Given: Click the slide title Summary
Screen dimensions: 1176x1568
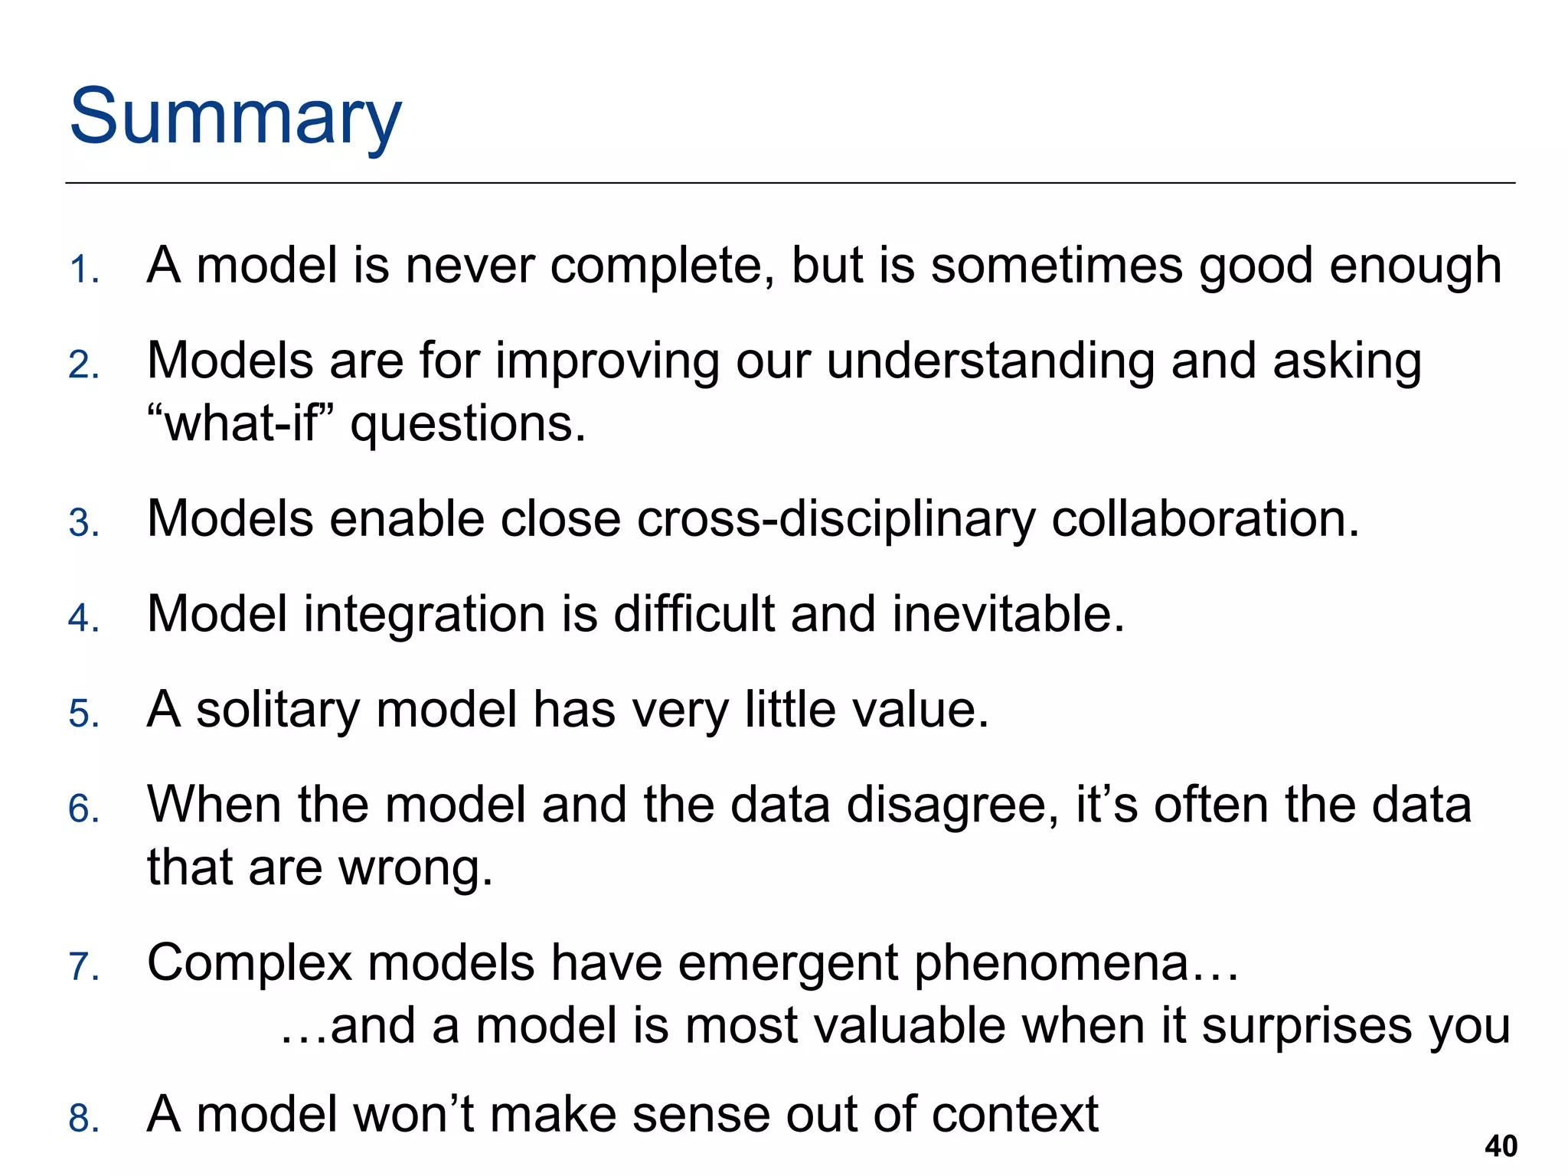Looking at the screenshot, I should click(x=235, y=117).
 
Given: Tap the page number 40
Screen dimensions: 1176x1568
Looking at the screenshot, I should click(x=1501, y=1146).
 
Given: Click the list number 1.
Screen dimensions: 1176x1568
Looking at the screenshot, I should click(x=83, y=270).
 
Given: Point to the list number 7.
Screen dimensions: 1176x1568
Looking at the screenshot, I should click(x=83, y=967).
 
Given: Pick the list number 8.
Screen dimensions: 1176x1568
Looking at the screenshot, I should click(x=83, y=1119).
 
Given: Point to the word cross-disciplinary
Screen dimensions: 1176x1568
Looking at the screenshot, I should click(x=835, y=520).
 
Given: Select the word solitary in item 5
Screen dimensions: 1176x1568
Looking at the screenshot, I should click(x=278, y=710).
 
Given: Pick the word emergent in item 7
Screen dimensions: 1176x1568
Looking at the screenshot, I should click(x=788, y=965).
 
